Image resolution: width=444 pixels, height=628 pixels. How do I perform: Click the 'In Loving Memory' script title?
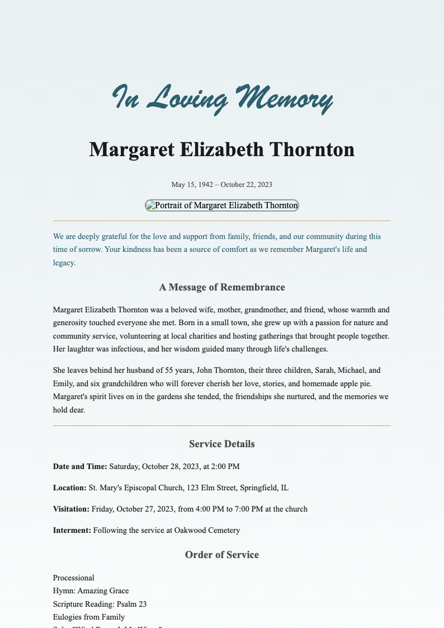[222, 98]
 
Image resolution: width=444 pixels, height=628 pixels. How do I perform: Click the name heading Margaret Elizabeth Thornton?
[222, 150]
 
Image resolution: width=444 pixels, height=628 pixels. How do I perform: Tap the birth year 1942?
[205, 185]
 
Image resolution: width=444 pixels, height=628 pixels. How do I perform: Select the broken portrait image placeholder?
[222, 205]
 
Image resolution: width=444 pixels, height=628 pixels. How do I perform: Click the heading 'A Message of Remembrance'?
[222, 287]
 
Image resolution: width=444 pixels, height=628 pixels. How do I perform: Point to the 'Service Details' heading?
[222, 444]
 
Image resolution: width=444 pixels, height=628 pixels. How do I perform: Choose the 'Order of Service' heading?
[222, 555]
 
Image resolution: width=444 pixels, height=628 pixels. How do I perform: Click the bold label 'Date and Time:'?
[80, 467]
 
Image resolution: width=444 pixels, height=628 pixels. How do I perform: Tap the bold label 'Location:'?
[70, 488]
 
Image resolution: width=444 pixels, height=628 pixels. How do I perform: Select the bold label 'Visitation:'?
[71, 509]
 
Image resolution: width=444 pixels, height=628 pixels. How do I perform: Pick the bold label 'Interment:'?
[72, 530]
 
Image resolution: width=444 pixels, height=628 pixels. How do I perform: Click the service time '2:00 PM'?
[225, 467]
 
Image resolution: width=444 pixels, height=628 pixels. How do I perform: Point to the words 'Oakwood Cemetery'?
[207, 530]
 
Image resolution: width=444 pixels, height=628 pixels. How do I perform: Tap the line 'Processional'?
[74, 578]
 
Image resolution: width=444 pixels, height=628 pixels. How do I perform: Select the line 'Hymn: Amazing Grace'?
[91, 591]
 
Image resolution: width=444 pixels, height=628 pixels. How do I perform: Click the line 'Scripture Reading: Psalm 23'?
[100, 604]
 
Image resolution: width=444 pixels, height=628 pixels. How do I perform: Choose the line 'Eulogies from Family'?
[89, 617]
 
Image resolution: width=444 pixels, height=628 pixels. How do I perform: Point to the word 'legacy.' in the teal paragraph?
[64, 263]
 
